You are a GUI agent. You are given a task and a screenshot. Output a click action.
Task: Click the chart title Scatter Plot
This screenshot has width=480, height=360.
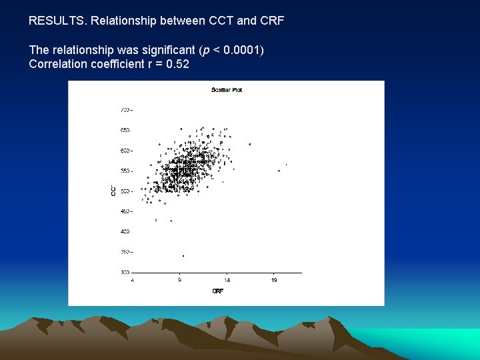point(227,89)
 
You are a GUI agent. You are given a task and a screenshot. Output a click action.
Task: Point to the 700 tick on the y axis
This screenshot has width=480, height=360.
point(125,109)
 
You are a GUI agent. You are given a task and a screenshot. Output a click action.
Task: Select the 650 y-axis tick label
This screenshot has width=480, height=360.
point(125,130)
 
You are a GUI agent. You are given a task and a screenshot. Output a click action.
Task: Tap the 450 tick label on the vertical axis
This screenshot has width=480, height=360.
point(125,211)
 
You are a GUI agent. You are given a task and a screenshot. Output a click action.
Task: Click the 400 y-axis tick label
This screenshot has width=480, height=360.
point(125,232)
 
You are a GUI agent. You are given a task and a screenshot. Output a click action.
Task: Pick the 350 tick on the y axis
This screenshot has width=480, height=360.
point(125,252)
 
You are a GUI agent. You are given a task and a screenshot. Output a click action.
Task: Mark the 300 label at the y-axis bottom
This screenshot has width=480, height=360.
point(125,273)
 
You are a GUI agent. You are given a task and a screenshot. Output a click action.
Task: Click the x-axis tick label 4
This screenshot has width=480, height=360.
point(133,280)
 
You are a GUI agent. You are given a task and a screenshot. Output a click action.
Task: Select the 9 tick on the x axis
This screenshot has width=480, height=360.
point(179,280)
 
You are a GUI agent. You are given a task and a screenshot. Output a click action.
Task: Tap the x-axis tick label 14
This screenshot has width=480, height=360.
point(227,280)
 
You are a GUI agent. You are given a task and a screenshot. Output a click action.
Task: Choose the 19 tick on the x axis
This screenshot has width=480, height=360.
point(275,280)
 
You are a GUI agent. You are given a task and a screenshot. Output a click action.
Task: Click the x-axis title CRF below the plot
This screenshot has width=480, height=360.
point(217,291)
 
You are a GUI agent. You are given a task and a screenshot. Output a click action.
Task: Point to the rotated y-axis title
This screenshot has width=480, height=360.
point(113,191)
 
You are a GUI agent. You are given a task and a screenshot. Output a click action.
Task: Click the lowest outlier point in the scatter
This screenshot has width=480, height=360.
point(183,256)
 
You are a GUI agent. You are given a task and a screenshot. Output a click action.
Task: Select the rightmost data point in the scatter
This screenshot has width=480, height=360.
point(287,164)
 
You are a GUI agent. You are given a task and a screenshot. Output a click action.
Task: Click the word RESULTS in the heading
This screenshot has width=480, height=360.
point(57,21)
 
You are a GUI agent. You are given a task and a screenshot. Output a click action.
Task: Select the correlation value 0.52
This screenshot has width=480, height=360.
point(177,64)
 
